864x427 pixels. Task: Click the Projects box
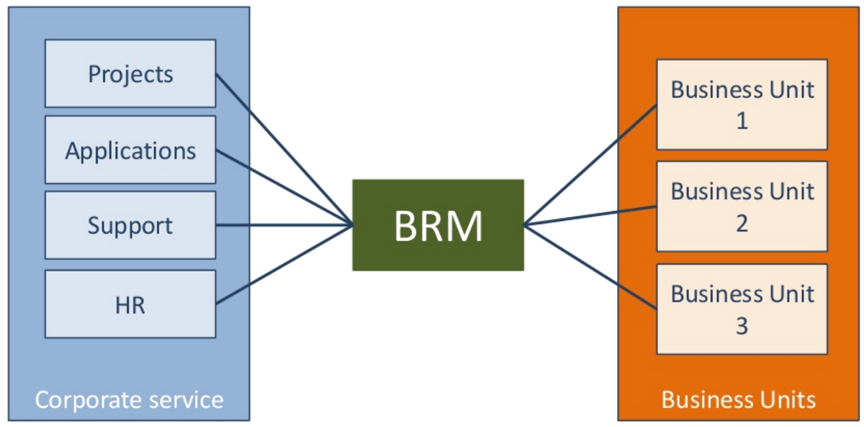coord(130,74)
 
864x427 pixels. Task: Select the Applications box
coord(130,150)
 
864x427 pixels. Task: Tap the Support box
coord(130,226)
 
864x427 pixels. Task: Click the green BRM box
coord(438,225)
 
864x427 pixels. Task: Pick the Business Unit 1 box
coord(742,105)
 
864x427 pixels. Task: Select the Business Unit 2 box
coord(742,206)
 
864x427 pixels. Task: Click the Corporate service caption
coord(129,400)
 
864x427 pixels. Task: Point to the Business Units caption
coord(739,400)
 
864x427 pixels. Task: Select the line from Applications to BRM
coord(284,188)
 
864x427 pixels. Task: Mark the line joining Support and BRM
coord(284,225)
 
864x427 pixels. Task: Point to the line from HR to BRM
coord(284,264)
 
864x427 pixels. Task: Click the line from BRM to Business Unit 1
coord(590,164)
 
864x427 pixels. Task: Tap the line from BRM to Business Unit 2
coord(590,215)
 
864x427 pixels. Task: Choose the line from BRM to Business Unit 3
coord(590,266)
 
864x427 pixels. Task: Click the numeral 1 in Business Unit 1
coord(742,120)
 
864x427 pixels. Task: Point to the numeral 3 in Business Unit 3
coord(742,324)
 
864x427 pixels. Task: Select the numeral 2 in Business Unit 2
coord(742,223)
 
